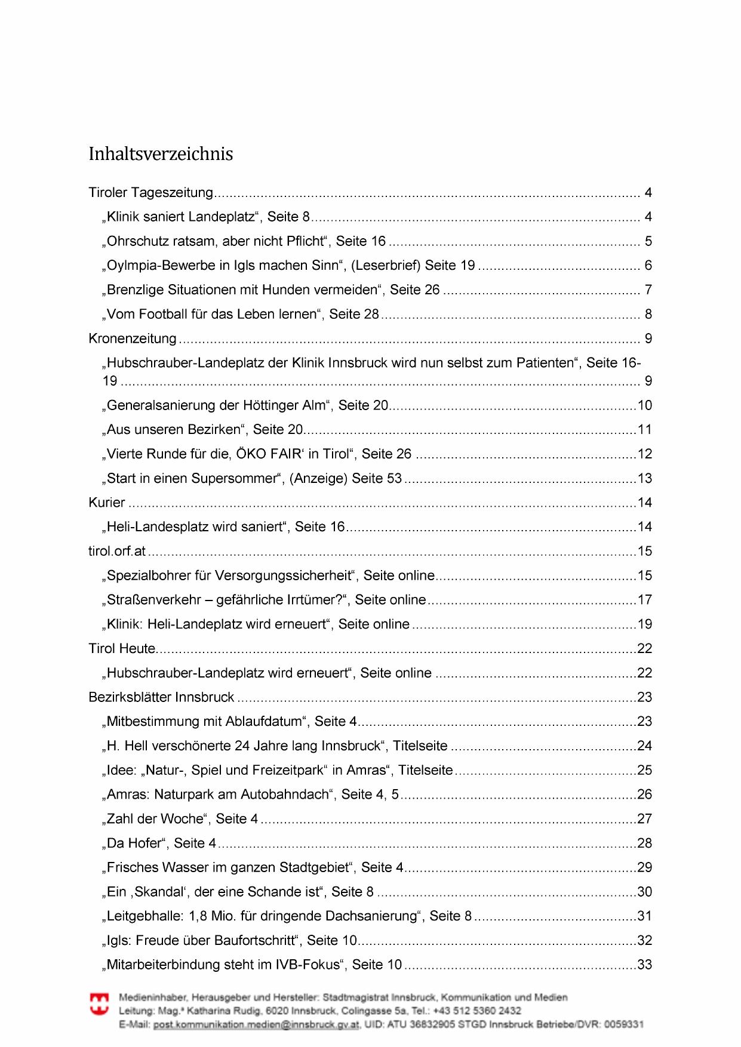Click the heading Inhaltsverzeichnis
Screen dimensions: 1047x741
coord(161,154)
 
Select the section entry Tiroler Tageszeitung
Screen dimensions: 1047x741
coord(150,193)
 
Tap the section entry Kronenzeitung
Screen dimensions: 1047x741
coord(133,339)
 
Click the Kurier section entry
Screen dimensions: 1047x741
coord(107,503)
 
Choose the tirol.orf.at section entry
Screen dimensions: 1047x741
coord(117,552)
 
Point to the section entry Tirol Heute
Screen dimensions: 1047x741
coord(122,649)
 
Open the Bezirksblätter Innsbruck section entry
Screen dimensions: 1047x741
coord(161,697)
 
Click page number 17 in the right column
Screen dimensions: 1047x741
coord(645,600)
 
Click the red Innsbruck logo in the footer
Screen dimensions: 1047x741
coord(99,1003)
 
